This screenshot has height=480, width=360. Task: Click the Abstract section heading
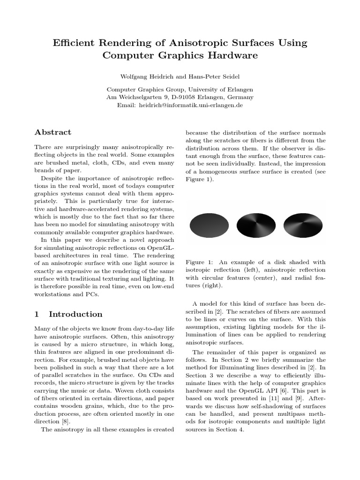click(x=53, y=132)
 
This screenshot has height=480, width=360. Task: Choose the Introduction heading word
click(x=75, y=314)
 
